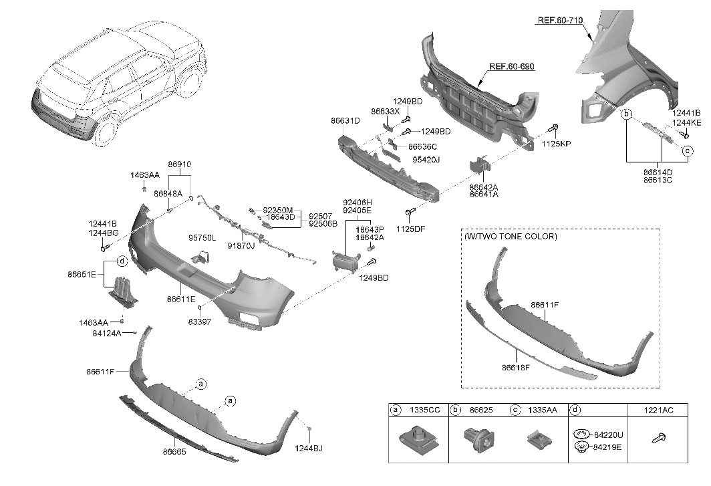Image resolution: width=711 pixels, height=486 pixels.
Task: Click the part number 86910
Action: tap(179, 164)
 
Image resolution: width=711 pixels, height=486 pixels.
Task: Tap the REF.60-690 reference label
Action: tap(512, 67)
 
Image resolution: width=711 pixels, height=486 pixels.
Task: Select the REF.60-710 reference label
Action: tap(560, 21)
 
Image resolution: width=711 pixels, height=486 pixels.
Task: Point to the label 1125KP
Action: tap(556, 144)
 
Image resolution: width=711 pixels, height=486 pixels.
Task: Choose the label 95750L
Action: tap(202, 237)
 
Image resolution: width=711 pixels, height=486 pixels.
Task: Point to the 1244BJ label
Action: tap(308, 449)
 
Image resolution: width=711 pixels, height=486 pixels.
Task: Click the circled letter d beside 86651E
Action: tap(122, 260)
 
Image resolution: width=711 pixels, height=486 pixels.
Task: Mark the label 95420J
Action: tap(426, 160)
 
